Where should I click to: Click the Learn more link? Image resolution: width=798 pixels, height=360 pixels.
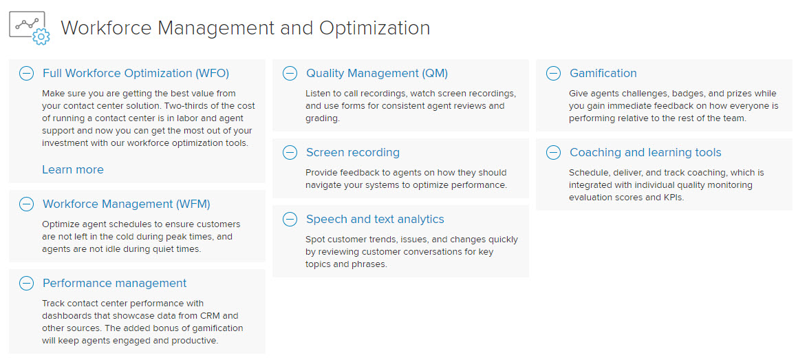[x=73, y=169]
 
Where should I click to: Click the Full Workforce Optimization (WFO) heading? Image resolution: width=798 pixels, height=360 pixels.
[x=136, y=74]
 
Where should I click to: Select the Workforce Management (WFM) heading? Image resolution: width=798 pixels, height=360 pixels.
[x=126, y=204]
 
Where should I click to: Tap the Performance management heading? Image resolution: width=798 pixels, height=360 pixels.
[x=114, y=283]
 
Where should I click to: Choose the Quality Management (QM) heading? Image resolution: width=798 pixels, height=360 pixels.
[x=376, y=74]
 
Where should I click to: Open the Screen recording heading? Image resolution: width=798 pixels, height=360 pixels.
[x=353, y=152]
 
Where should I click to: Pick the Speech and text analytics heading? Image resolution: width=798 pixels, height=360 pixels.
[x=375, y=220]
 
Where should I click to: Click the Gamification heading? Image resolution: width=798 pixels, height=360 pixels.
[x=603, y=74]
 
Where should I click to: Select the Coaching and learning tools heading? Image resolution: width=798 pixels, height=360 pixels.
[x=645, y=152]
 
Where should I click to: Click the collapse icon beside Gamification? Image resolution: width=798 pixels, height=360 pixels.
[x=553, y=74]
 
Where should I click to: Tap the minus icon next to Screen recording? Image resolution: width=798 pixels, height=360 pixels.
[x=290, y=152]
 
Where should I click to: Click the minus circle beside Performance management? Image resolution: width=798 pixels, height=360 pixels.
[x=26, y=283]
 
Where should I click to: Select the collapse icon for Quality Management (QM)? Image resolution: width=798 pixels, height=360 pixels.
[x=290, y=74]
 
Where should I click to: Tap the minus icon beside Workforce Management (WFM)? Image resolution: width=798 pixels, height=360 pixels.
[x=26, y=204]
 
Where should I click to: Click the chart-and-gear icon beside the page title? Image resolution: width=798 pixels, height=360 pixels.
[x=30, y=28]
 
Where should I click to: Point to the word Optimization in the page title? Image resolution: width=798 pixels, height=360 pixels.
[x=374, y=28]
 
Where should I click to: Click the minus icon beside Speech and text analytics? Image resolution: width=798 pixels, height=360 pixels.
[x=290, y=220]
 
